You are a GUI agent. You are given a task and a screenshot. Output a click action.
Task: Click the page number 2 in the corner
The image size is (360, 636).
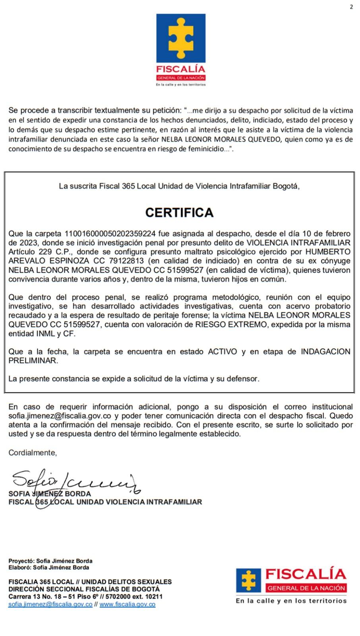(x=351, y=7)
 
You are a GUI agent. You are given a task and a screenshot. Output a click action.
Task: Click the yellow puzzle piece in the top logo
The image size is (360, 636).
(x=181, y=39)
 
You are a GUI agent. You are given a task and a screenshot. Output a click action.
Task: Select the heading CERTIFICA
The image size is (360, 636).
(x=180, y=213)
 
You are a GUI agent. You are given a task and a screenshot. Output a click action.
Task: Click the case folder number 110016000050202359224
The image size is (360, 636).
(x=110, y=233)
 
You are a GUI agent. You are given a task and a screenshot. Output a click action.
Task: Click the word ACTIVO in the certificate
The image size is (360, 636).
(x=223, y=352)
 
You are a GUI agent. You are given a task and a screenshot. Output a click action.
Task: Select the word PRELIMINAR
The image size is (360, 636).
(x=33, y=361)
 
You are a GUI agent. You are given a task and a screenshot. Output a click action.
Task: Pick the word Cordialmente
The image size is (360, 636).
(x=33, y=453)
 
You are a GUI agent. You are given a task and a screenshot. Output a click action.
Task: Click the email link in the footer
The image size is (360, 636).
(x=50, y=604)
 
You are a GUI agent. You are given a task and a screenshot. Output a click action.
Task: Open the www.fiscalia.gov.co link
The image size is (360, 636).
(x=127, y=604)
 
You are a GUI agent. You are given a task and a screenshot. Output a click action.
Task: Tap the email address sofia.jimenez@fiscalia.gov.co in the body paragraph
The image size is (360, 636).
(x=60, y=416)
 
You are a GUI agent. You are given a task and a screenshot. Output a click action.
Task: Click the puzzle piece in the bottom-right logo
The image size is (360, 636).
(x=249, y=580)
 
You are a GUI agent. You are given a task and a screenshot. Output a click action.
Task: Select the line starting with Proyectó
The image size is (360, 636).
(x=50, y=561)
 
